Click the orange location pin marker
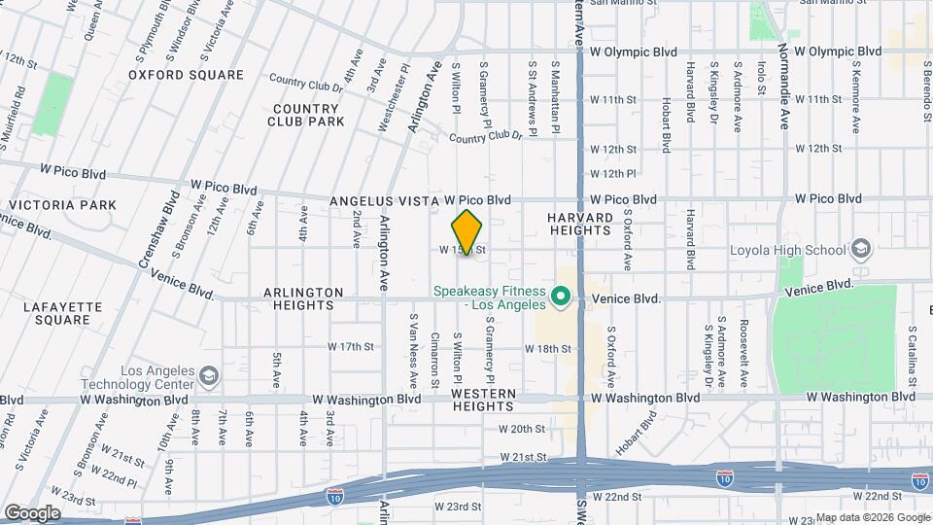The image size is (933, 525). click(x=467, y=231)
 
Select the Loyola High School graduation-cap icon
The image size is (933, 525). click(x=860, y=250)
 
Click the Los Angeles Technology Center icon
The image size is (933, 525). click(x=208, y=375)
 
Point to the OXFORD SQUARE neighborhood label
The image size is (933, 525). click(x=186, y=74)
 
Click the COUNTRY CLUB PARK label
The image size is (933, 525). click(x=309, y=115)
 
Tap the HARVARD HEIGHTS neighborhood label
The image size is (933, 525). click(x=579, y=224)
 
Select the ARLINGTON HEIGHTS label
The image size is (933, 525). click(x=302, y=298)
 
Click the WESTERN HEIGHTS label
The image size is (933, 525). click(x=483, y=400)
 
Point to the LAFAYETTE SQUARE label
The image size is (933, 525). click(x=62, y=313)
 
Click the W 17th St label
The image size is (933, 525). click(x=351, y=346)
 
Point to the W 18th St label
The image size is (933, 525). click(x=547, y=348)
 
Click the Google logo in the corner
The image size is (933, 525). click(x=33, y=512)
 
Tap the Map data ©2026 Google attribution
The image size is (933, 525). click(x=872, y=518)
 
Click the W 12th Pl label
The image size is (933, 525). click(x=612, y=174)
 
